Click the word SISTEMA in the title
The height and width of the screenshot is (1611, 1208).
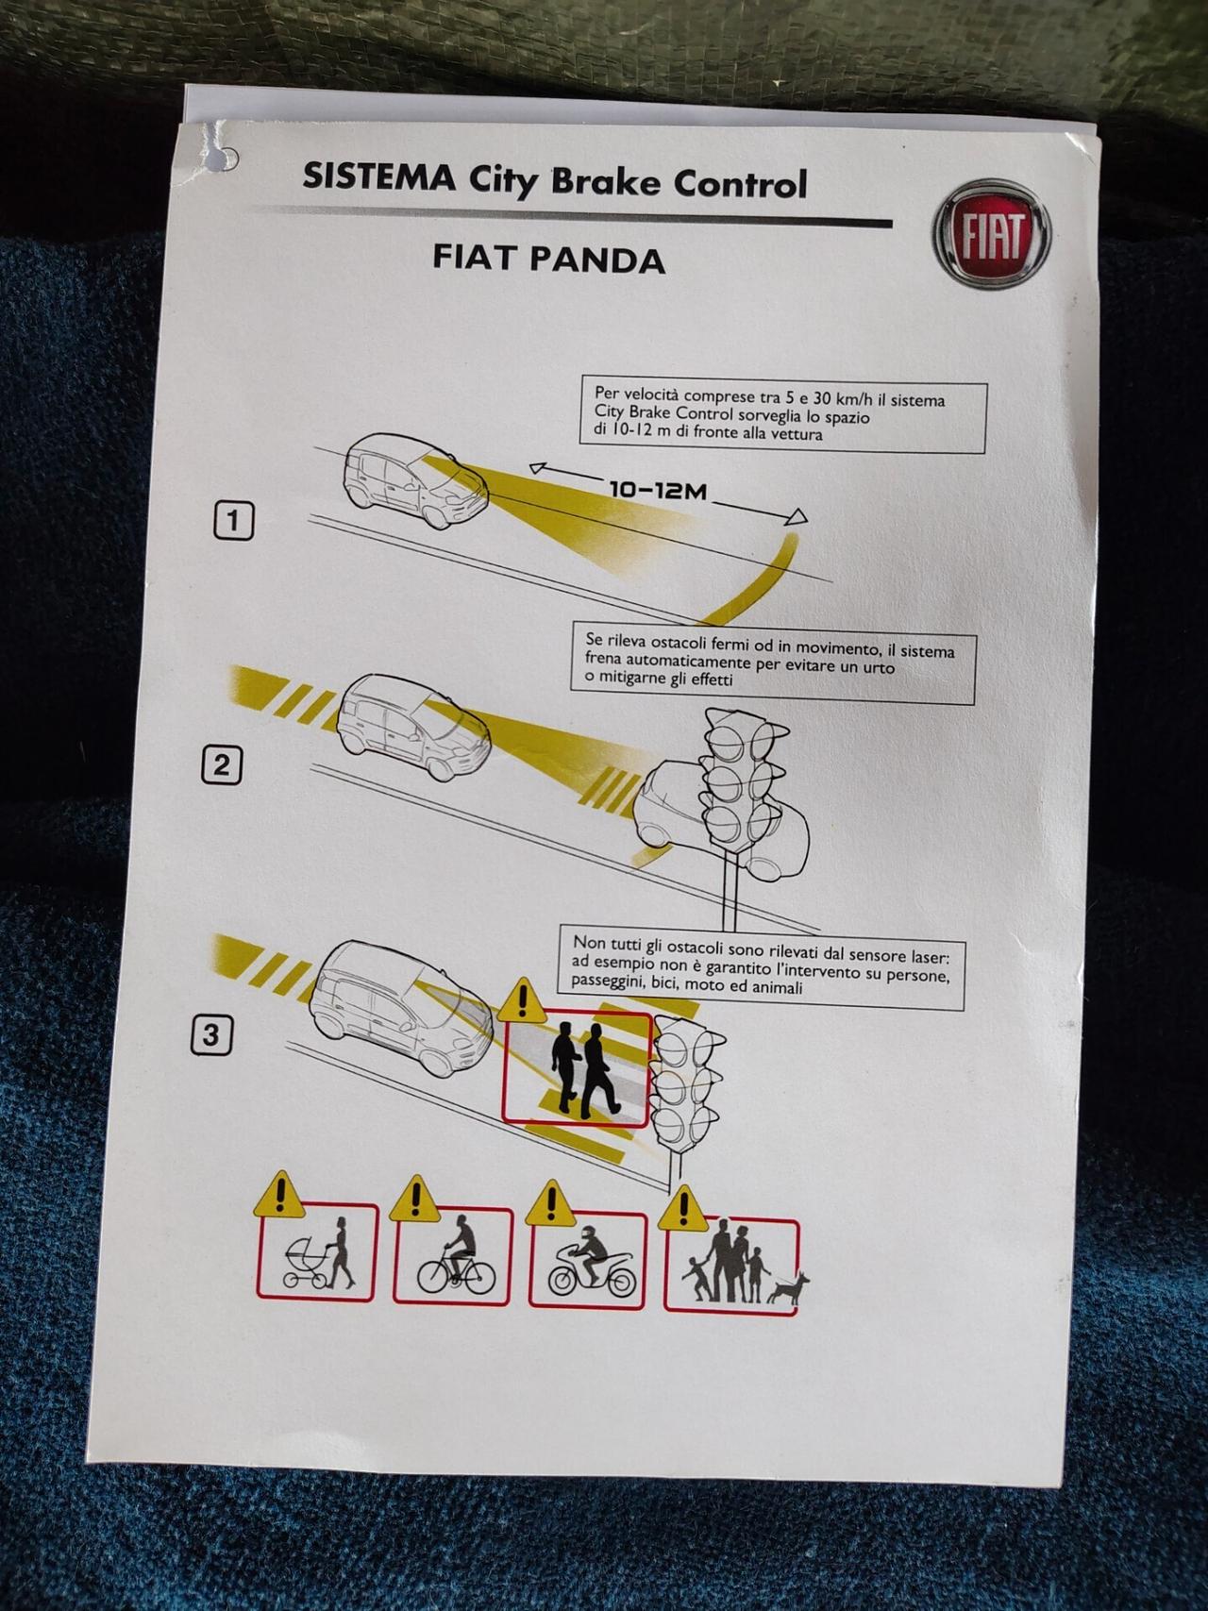(x=378, y=176)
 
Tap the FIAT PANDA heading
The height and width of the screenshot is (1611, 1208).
(x=549, y=259)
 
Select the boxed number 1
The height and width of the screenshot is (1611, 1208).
(x=234, y=521)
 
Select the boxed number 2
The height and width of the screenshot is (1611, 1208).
(x=222, y=764)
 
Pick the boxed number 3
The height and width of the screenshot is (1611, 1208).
(x=210, y=1035)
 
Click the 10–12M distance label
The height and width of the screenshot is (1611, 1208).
(x=657, y=490)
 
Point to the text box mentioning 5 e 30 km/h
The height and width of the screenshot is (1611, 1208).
(x=783, y=417)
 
